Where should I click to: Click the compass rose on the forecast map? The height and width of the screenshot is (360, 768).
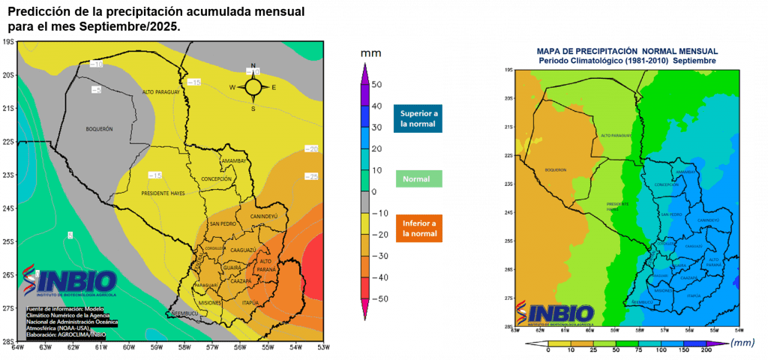[253, 87]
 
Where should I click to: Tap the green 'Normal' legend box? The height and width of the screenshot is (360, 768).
[416, 179]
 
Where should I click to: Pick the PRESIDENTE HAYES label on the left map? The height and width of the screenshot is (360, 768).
[163, 193]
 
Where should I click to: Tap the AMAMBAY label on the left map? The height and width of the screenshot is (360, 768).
[233, 161]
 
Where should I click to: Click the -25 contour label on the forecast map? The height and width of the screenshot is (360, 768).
[310, 175]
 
